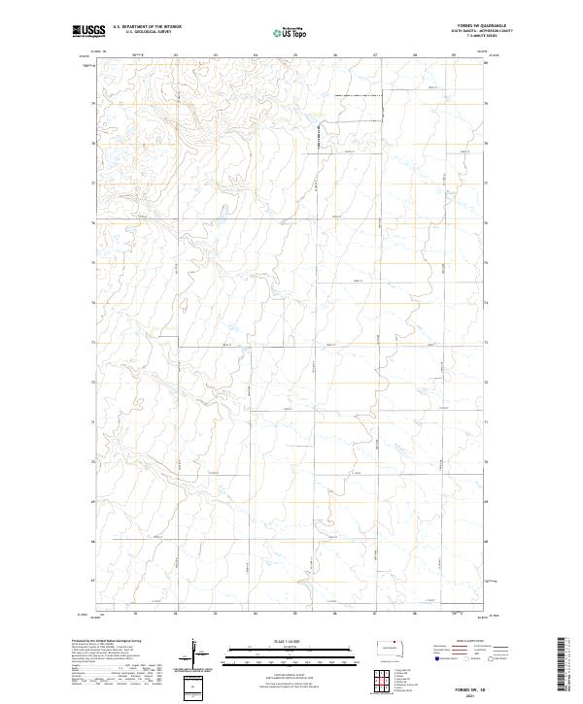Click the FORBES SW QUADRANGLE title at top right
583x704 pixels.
click(x=479, y=26)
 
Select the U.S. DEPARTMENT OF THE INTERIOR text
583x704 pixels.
click(x=147, y=27)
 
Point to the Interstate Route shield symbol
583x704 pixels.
click(x=436, y=658)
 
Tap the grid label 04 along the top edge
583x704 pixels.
click(x=256, y=56)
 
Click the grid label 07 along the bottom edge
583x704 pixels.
click(x=374, y=614)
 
